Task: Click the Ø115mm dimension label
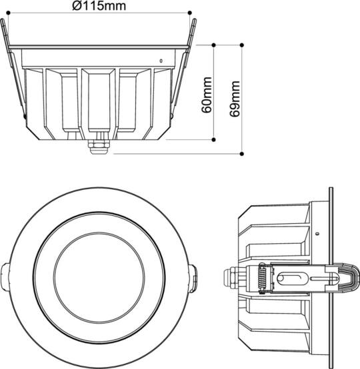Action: [98, 6]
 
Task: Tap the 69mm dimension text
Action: [234, 99]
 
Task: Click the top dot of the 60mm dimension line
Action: [213, 45]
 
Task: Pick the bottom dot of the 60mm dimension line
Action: [213, 140]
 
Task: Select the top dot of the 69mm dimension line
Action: [241, 45]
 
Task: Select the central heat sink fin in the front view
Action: [99, 100]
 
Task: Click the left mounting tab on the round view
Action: [6, 276]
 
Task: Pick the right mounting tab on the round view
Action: [194, 276]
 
